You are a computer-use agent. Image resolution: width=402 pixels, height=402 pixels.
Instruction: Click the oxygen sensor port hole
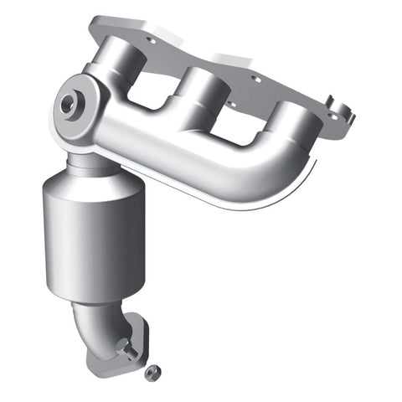68,104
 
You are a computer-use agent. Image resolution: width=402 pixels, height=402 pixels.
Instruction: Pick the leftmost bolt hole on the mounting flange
151,39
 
